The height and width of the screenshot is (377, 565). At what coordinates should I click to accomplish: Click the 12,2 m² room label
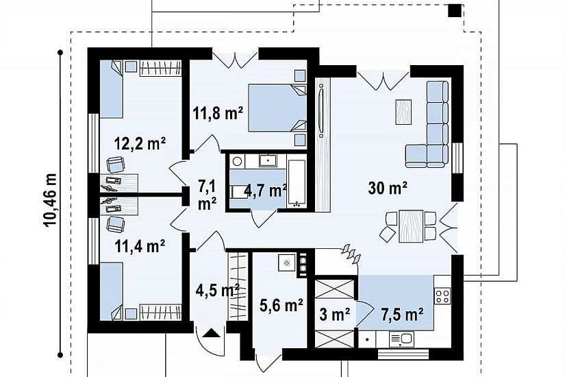[140, 143]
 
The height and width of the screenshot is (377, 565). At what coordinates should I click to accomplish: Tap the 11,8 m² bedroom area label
[218, 113]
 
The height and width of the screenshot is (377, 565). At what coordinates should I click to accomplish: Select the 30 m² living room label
[388, 188]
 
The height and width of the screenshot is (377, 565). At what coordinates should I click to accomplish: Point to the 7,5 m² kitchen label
[402, 315]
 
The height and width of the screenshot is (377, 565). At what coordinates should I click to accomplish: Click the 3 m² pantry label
[335, 315]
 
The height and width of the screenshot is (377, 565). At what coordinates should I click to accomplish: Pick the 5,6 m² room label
[281, 306]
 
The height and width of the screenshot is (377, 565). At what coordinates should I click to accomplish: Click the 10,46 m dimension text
[51, 200]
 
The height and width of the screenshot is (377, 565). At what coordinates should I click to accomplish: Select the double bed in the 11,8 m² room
[277, 108]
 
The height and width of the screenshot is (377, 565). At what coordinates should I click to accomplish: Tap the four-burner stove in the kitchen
[443, 296]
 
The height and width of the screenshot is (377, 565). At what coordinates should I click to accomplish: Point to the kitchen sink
[401, 340]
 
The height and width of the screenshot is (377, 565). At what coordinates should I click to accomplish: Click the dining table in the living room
[411, 226]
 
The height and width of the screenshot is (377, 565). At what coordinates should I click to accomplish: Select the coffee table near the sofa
[403, 112]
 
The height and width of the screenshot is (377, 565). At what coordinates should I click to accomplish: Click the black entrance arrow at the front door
[211, 332]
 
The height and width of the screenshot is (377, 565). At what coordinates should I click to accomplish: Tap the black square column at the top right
[455, 10]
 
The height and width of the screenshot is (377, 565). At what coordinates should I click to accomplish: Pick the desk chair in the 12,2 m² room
[116, 165]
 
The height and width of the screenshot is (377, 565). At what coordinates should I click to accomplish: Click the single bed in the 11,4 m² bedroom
[112, 291]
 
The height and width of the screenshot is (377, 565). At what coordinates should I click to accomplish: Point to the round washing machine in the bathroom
[237, 161]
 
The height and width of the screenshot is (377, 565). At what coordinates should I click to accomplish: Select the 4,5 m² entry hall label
[218, 290]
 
